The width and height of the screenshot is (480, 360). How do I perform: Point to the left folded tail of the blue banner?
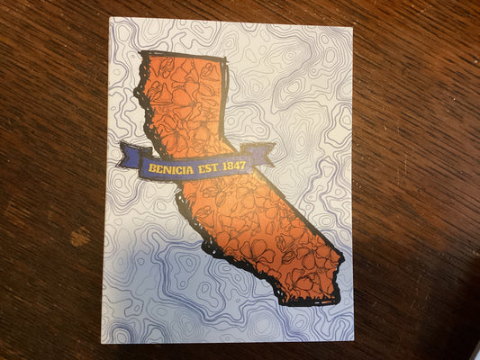coord(131,156)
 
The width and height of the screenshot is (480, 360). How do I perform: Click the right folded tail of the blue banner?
coord(261,152)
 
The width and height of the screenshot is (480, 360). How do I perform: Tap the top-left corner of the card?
coord(110,18)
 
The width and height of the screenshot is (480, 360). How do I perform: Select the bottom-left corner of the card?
coord(102,342)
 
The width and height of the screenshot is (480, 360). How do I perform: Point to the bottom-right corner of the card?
coord(354,340)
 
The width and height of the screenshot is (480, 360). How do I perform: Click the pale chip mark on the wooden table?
coord(80,238)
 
